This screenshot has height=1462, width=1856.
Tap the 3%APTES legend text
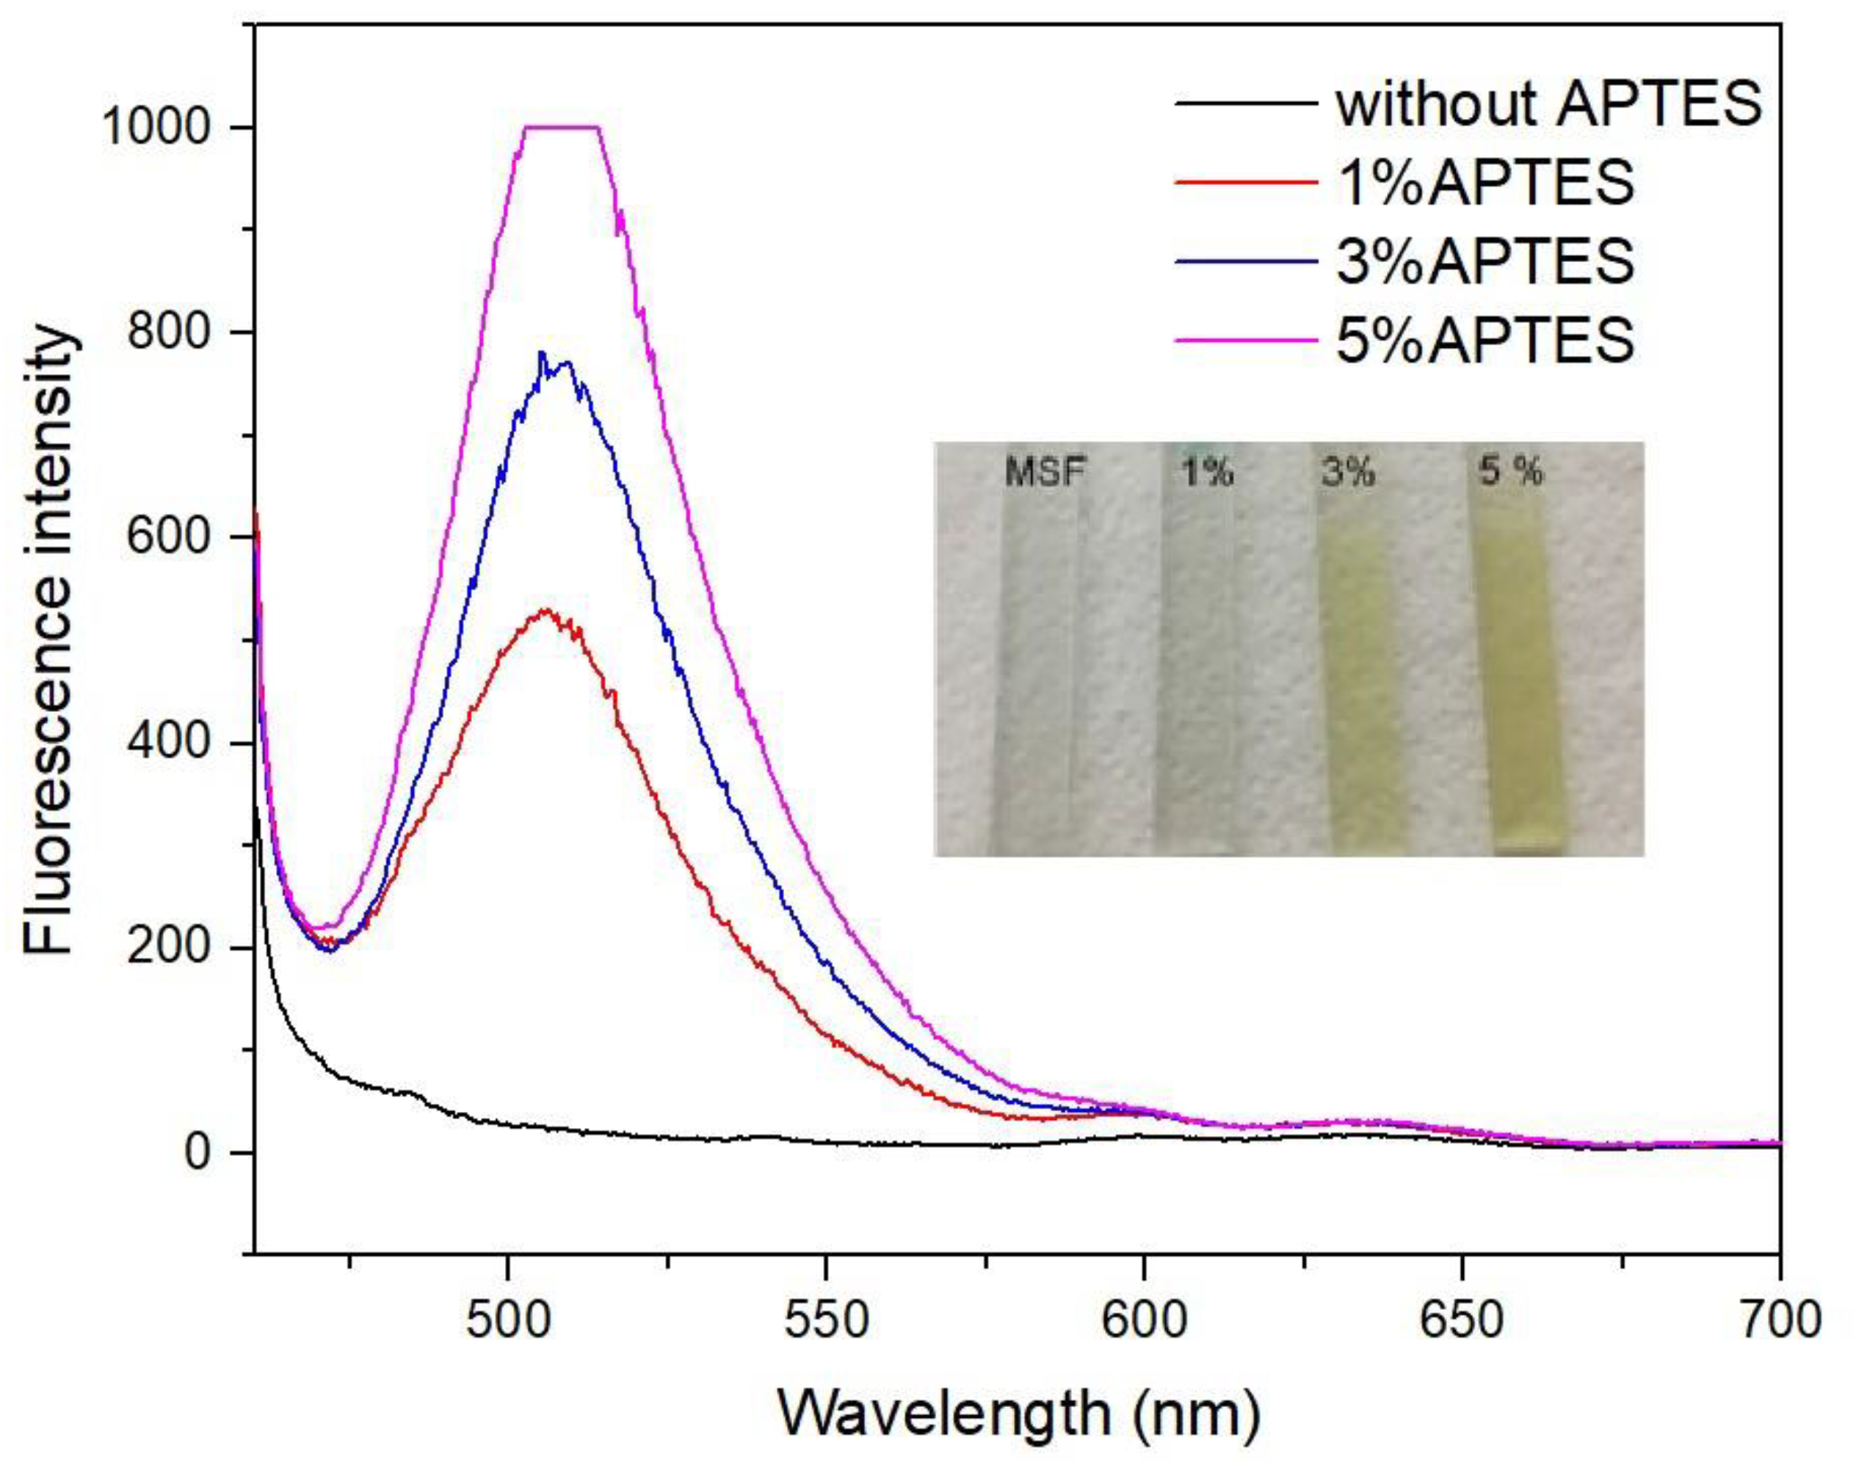(x=1485, y=261)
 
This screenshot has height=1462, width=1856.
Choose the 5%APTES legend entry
(x=1485, y=340)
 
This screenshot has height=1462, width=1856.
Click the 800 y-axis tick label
(x=169, y=332)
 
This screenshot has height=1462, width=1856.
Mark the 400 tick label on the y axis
(x=169, y=742)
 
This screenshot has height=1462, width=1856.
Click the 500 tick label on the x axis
(x=509, y=1319)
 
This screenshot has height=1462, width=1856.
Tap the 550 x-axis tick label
(x=826, y=1319)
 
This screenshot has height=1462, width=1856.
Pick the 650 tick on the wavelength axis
(x=1461, y=1319)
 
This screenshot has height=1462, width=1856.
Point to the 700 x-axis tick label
(x=1779, y=1319)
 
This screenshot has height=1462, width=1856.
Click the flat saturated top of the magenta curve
(x=561, y=128)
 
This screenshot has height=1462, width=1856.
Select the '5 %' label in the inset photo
(x=1511, y=470)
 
